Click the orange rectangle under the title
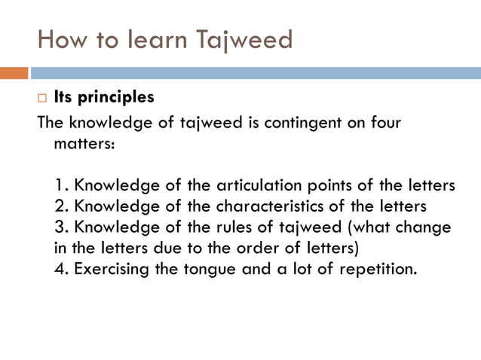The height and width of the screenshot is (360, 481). click(14, 73)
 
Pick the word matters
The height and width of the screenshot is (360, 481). click(84, 143)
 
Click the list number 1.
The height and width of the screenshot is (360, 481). click(60, 186)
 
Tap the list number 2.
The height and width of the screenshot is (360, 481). click(61, 206)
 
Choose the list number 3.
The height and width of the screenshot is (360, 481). click(61, 227)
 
